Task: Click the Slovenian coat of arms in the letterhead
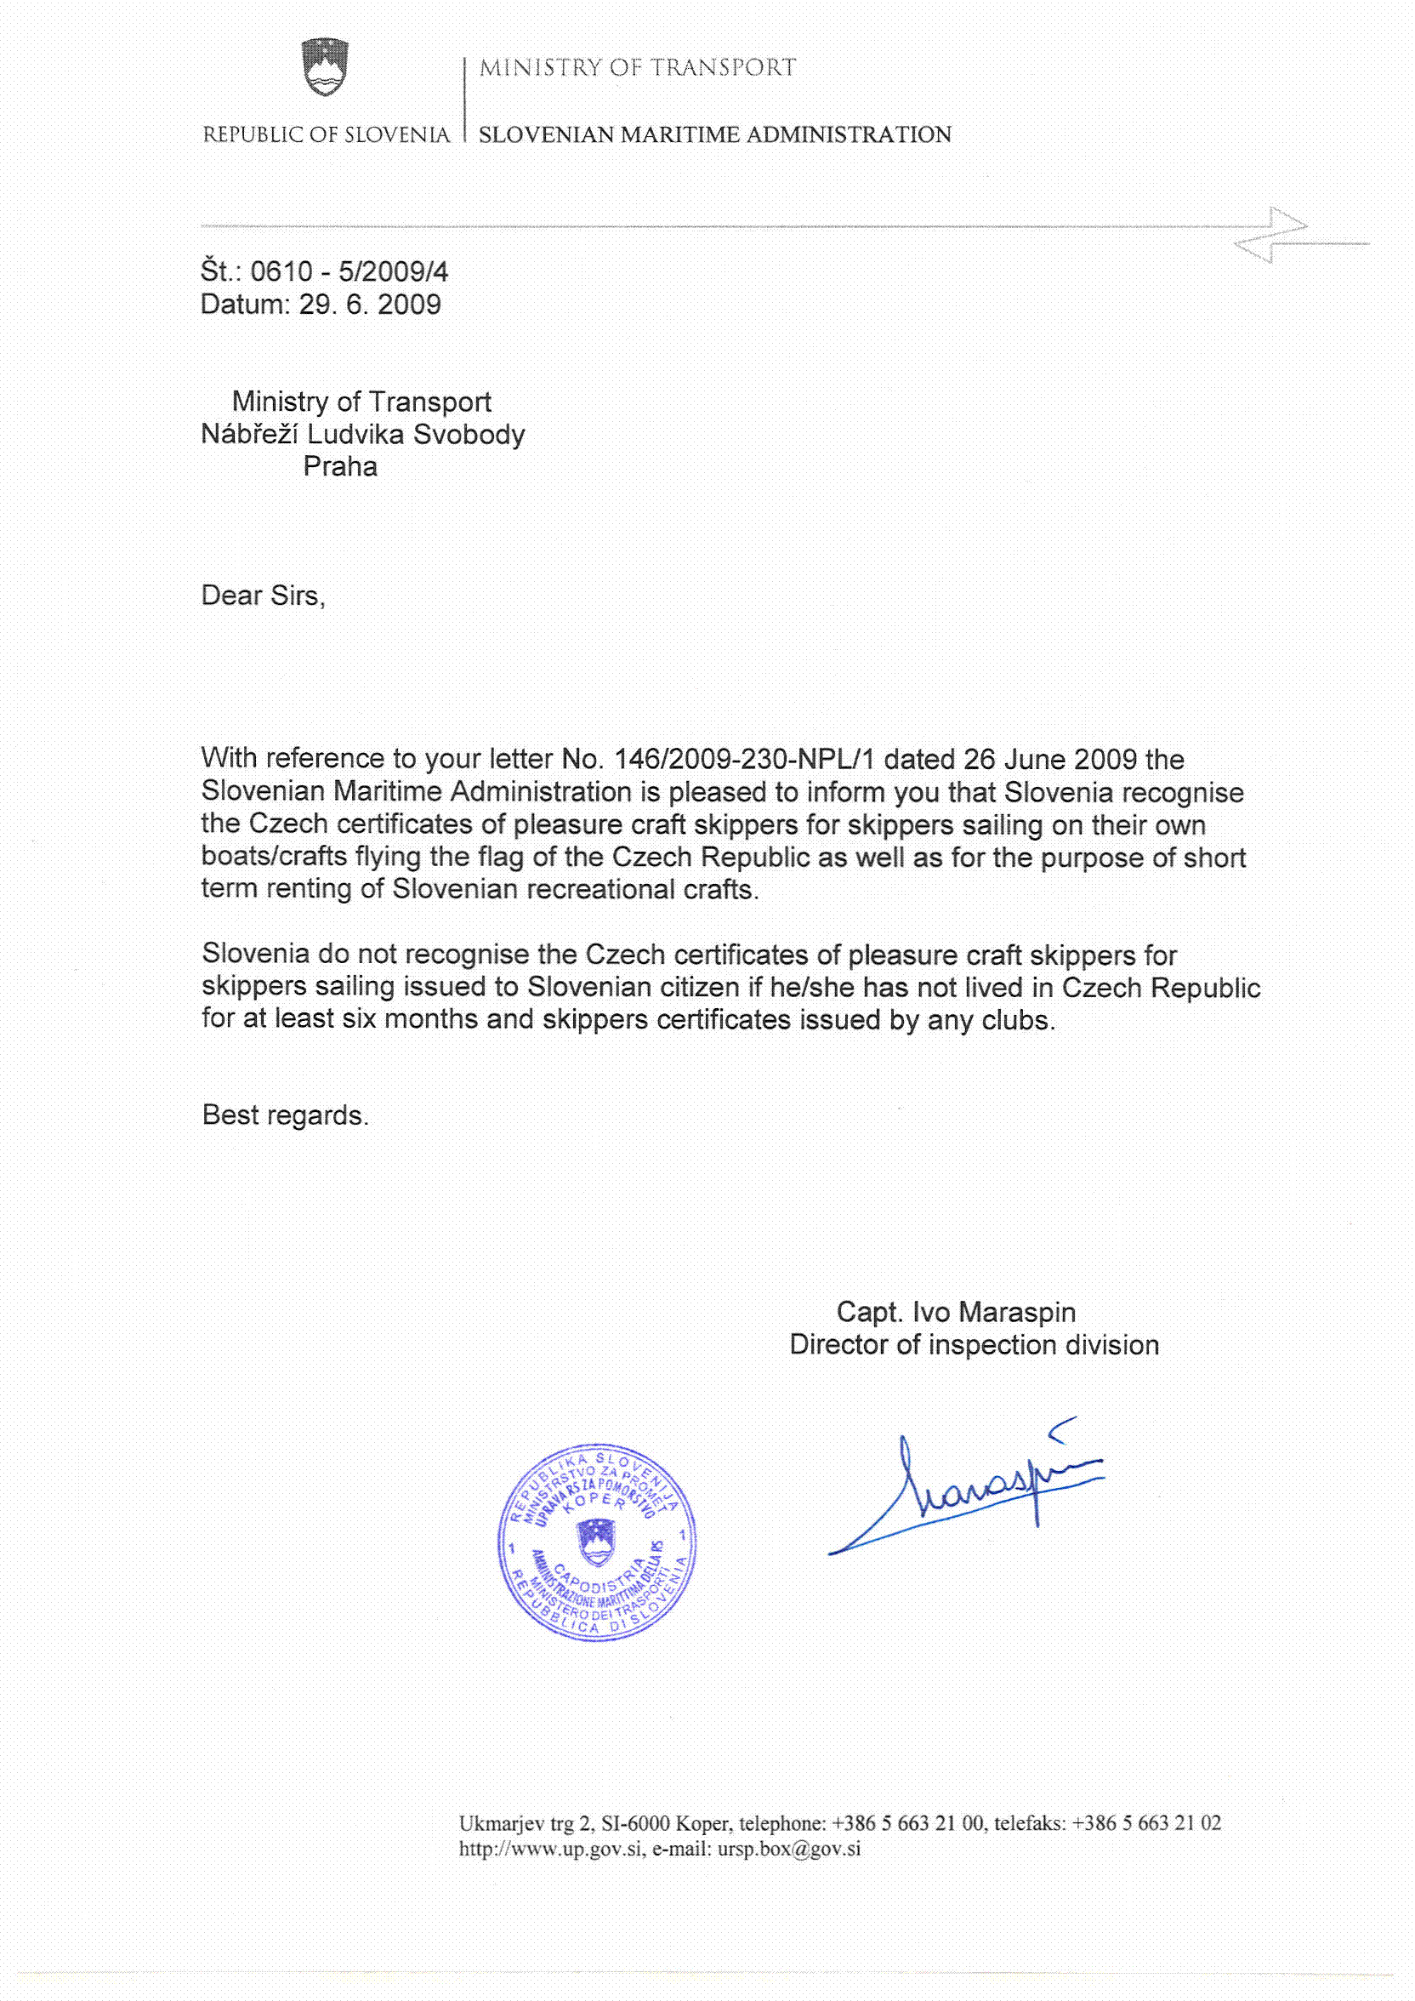(x=325, y=67)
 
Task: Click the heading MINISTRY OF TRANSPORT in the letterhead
(x=637, y=68)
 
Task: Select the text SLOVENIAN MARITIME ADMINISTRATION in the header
(x=714, y=135)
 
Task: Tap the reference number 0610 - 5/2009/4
(x=349, y=272)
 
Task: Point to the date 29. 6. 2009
(x=369, y=305)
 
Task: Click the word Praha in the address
(x=340, y=467)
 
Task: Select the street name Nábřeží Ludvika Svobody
(x=362, y=434)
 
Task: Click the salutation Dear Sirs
(x=262, y=596)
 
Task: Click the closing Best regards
(x=285, y=1115)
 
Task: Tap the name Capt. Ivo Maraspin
(x=956, y=1312)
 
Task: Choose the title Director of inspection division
(x=974, y=1345)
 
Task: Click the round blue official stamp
(x=597, y=1542)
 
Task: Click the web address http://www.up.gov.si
(x=551, y=1849)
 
